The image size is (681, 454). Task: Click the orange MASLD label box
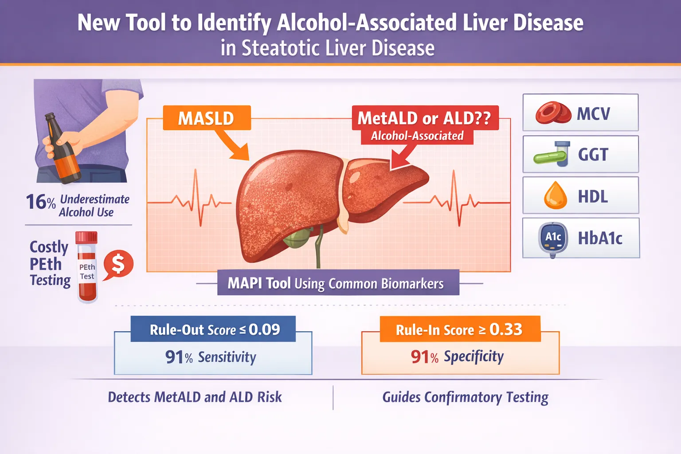click(x=207, y=118)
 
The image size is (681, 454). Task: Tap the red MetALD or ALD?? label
click(x=425, y=118)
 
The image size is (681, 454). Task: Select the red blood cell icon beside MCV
click(x=553, y=113)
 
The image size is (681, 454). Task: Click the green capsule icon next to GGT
click(x=550, y=157)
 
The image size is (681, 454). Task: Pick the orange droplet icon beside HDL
click(x=556, y=196)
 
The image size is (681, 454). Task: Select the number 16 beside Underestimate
click(x=36, y=202)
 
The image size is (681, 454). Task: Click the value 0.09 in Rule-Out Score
click(x=264, y=329)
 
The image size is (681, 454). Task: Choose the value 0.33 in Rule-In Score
click(x=506, y=329)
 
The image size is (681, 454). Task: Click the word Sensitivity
click(x=227, y=357)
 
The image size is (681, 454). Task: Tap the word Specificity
click(x=474, y=357)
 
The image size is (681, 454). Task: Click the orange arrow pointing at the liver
click(x=233, y=144)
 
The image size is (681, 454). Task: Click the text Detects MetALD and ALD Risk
click(x=195, y=397)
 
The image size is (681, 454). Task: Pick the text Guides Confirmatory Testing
click(x=465, y=397)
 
